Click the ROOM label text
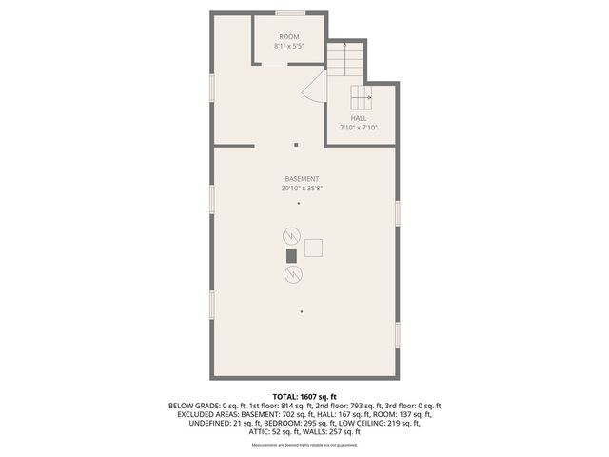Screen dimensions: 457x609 click(288, 36)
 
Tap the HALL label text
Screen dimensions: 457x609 click(359, 118)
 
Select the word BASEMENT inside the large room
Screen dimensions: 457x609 click(302, 179)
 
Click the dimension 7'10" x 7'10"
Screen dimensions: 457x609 click(359, 128)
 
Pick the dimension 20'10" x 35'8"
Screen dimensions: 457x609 click(302, 189)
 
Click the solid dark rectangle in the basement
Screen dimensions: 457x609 click(291, 255)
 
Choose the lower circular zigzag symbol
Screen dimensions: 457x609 click(291, 275)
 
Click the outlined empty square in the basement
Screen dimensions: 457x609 click(314, 248)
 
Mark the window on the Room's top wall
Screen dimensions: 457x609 click(290, 13)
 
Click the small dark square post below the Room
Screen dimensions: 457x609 click(296, 145)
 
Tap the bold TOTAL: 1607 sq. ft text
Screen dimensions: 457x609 click(304, 395)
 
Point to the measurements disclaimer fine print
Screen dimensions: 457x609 click(304, 445)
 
